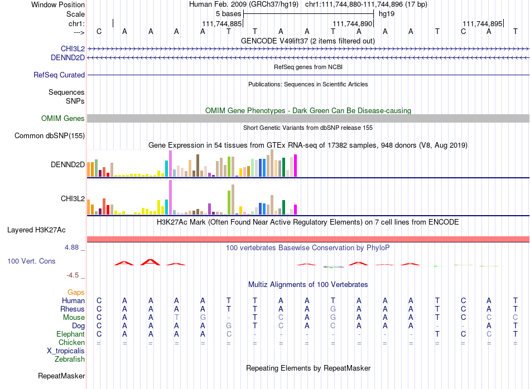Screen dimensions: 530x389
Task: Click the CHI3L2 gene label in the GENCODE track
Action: (x=73, y=48)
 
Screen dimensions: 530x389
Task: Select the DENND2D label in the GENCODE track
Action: (x=68, y=58)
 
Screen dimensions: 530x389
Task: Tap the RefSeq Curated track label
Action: (x=59, y=75)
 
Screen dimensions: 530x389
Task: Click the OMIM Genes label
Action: (x=63, y=119)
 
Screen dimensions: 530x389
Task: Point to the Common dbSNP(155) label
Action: (x=50, y=136)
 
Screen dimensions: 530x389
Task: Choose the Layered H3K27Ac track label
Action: (x=36, y=230)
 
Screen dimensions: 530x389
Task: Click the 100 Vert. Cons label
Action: (x=31, y=261)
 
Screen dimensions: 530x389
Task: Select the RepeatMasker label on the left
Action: (x=61, y=376)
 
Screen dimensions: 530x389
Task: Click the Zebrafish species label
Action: (x=70, y=359)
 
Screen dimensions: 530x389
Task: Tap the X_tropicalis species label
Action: (x=66, y=351)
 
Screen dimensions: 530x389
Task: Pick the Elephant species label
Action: (x=71, y=334)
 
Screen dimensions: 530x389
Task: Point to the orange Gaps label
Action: (x=76, y=292)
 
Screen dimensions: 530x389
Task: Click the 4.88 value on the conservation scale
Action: (x=72, y=247)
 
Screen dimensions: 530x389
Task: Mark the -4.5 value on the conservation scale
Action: (x=73, y=275)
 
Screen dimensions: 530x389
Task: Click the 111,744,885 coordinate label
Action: (x=221, y=23)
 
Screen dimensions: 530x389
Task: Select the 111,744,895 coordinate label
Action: (x=483, y=23)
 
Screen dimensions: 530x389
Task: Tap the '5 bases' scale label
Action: (x=229, y=14)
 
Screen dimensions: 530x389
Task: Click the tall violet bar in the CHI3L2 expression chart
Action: (x=171, y=197)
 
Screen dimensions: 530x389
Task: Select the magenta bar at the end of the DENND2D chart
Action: (x=296, y=166)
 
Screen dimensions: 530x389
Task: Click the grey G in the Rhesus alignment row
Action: (x=333, y=309)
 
